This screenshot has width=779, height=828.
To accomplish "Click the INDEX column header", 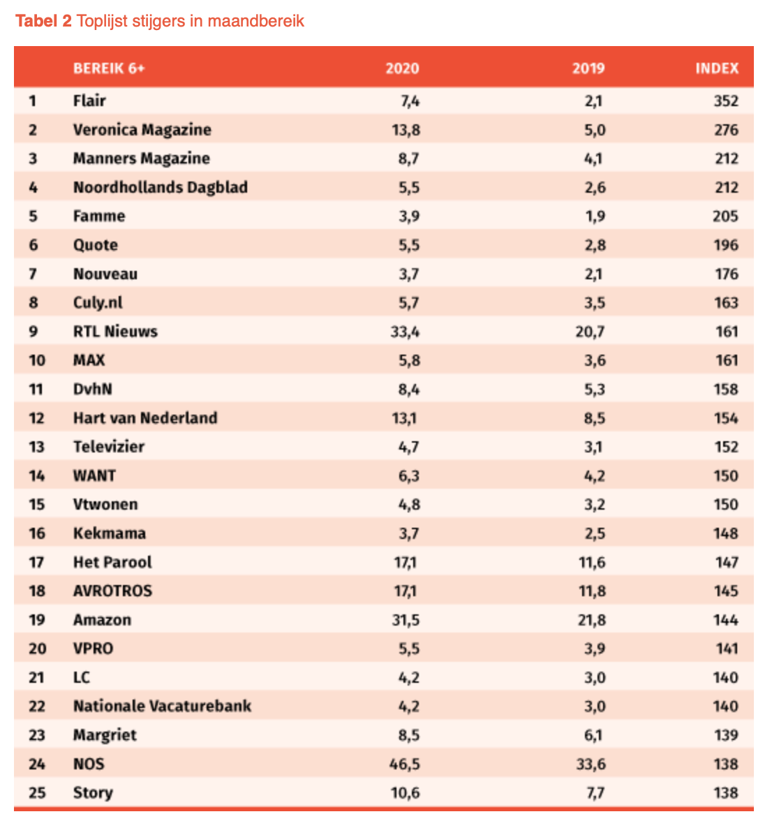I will pos(717,68).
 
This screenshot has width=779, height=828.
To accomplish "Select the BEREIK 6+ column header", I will pos(109,68).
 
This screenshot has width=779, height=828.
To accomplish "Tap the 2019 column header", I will pos(588,68).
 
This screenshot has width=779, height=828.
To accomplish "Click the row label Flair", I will pos(89,101).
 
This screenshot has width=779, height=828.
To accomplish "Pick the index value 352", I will pos(725,101).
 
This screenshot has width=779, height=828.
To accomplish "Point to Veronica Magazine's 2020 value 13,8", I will pos(406,130).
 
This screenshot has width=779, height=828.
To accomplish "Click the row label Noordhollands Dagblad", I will pos(161,187).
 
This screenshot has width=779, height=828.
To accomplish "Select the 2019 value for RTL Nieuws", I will pos(590,332).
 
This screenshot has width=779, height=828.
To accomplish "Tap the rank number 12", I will pos(36,418).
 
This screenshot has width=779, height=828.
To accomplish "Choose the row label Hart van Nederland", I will pos(145,418).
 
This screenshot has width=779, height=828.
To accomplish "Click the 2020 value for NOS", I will pos(404,764).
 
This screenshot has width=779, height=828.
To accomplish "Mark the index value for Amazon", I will pos(725,620).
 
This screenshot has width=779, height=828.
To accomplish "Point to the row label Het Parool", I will pos(112,562).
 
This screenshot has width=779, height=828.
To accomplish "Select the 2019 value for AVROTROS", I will pos(591,591).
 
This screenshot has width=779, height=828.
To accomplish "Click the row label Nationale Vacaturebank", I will pos(162,706).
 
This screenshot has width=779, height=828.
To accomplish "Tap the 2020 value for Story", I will pos(406,793).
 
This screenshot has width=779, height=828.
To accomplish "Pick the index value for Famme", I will pos(725,216).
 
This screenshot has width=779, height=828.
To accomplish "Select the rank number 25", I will pos(37,793).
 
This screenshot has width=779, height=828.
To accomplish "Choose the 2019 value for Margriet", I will pos(593,735).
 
